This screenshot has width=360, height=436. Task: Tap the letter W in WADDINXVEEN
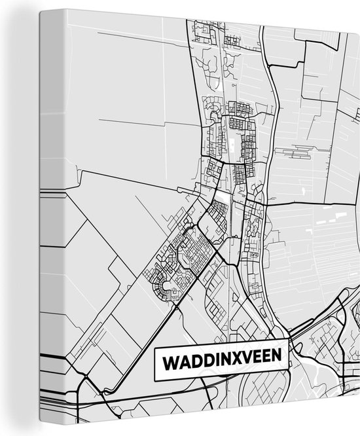[x=169, y=361]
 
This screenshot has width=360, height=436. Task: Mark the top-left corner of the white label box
[x=155, y=349]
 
